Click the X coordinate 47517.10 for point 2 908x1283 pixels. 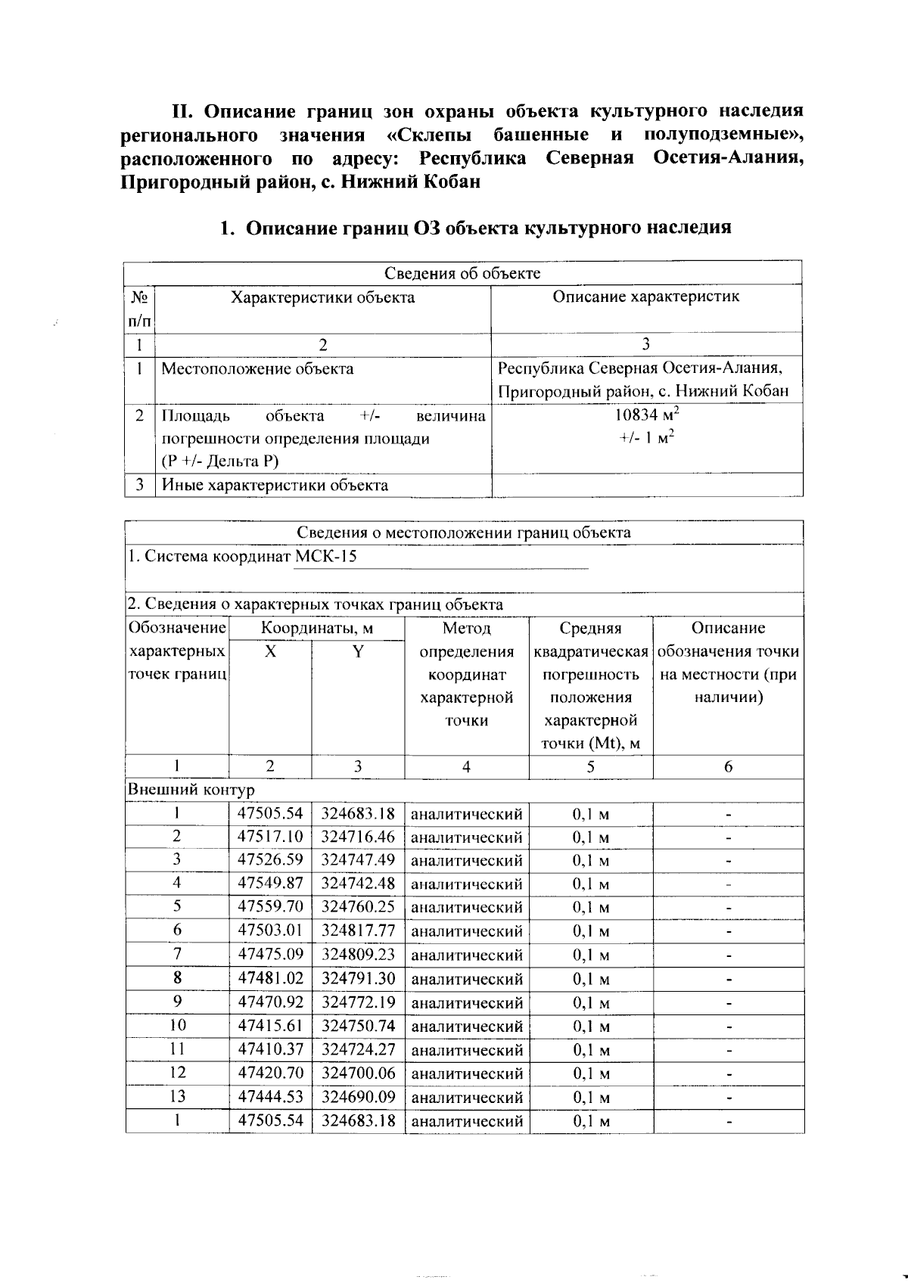tap(270, 837)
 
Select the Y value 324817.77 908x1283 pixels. tap(358, 930)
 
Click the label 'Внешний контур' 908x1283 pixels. tap(191, 790)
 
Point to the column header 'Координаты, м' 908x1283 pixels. tap(316, 628)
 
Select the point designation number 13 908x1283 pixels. tap(177, 1096)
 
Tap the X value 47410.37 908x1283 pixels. tap(270, 1049)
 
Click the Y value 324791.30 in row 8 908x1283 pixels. tap(358, 978)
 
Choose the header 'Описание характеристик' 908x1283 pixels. tap(645, 297)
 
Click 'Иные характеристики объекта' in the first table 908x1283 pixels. tap(275, 485)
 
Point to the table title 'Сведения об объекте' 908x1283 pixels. tap(462, 273)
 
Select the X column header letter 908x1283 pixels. tap(270, 651)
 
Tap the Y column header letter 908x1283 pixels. tap(358, 651)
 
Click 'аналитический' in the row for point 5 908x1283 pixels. tap(466, 907)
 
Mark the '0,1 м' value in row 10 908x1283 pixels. tap(590, 1027)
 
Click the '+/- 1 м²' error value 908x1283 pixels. tap(645, 438)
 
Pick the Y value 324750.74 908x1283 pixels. tap(358, 1026)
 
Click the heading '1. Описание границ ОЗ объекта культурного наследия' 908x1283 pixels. tap(474, 228)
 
